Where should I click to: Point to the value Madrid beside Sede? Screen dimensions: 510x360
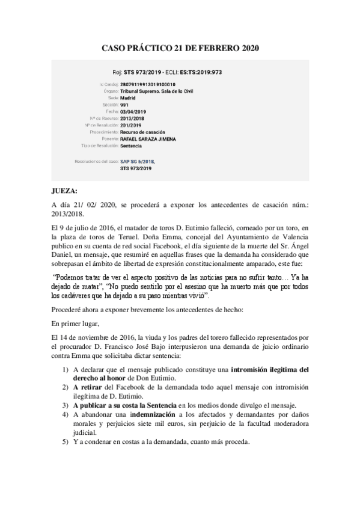pos(128,98)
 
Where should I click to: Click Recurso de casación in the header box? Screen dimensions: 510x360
pos(142,132)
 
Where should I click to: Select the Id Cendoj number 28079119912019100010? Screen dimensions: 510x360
pos(148,85)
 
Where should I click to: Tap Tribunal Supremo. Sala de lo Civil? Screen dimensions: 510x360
pos(157,91)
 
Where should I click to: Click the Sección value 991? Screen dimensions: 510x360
pos(124,105)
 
